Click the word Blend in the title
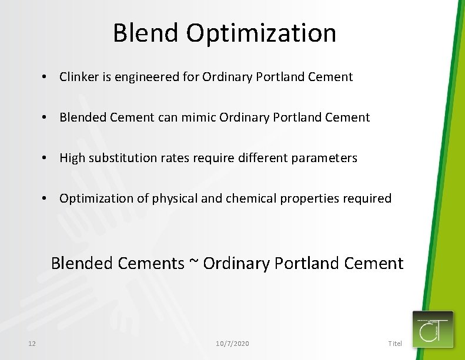tap(147, 33)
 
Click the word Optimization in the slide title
tap(262, 34)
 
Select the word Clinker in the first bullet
tap(79, 77)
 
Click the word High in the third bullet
tap(72, 158)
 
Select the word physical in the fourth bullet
tap(175, 198)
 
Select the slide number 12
tap(32, 343)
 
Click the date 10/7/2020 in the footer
tap(232, 343)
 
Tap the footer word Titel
tap(395, 343)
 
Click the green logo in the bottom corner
tap(433, 329)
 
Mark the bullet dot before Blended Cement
tap(44, 117)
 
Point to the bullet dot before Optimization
tap(44, 198)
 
